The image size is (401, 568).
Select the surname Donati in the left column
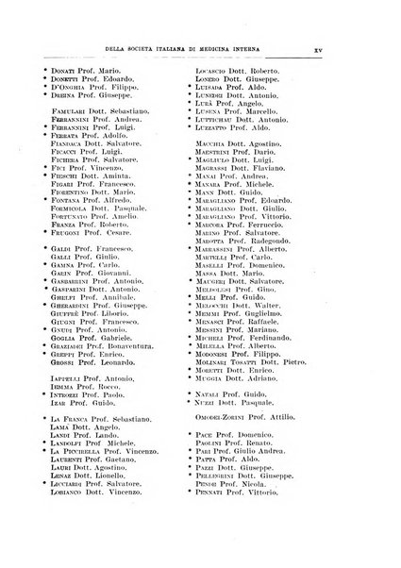pos(66,70)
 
